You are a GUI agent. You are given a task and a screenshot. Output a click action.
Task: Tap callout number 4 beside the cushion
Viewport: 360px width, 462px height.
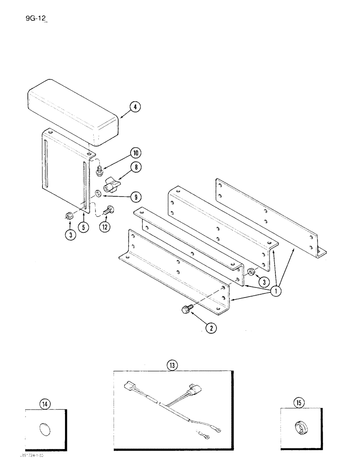134,108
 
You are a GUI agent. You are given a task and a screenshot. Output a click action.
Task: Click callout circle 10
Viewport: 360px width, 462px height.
124,153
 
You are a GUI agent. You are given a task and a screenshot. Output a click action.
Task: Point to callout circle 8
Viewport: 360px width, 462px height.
135,169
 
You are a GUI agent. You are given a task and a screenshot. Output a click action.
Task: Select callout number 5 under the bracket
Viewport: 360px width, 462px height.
83,227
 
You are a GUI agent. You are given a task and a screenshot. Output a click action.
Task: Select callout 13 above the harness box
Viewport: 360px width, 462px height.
172,365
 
